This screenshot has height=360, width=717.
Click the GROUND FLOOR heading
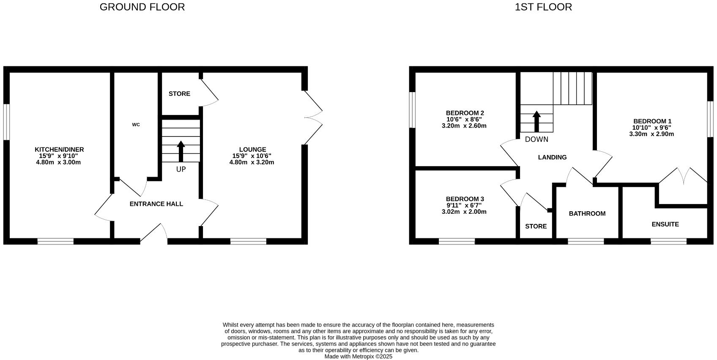tap(142, 7)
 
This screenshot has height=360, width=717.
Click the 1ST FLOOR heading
tap(543, 7)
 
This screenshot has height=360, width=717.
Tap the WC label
tap(136, 125)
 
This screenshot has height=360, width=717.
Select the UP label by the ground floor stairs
tap(181, 169)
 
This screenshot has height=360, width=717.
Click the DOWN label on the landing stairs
tap(536, 139)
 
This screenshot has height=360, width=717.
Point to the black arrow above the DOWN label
tap(536, 122)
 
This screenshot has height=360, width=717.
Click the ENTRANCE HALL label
tap(156, 204)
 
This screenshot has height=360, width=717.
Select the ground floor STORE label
tap(179, 94)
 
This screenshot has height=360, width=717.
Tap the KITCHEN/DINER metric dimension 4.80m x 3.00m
tap(59, 162)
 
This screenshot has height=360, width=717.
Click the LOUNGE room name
tap(252, 150)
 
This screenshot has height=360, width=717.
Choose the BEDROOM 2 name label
tap(465, 113)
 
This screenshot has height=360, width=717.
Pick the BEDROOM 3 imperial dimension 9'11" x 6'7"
tap(464, 205)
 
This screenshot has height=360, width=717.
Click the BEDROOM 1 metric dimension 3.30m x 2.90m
tap(651, 134)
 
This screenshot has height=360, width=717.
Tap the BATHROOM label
tap(587, 214)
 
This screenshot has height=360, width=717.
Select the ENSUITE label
tap(665, 224)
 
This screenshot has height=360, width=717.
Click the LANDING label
tap(552, 157)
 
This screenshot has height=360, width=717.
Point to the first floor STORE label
tap(536, 226)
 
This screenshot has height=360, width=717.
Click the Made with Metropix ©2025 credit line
tap(358, 357)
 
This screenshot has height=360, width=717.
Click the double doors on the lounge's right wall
tap(313, 117)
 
